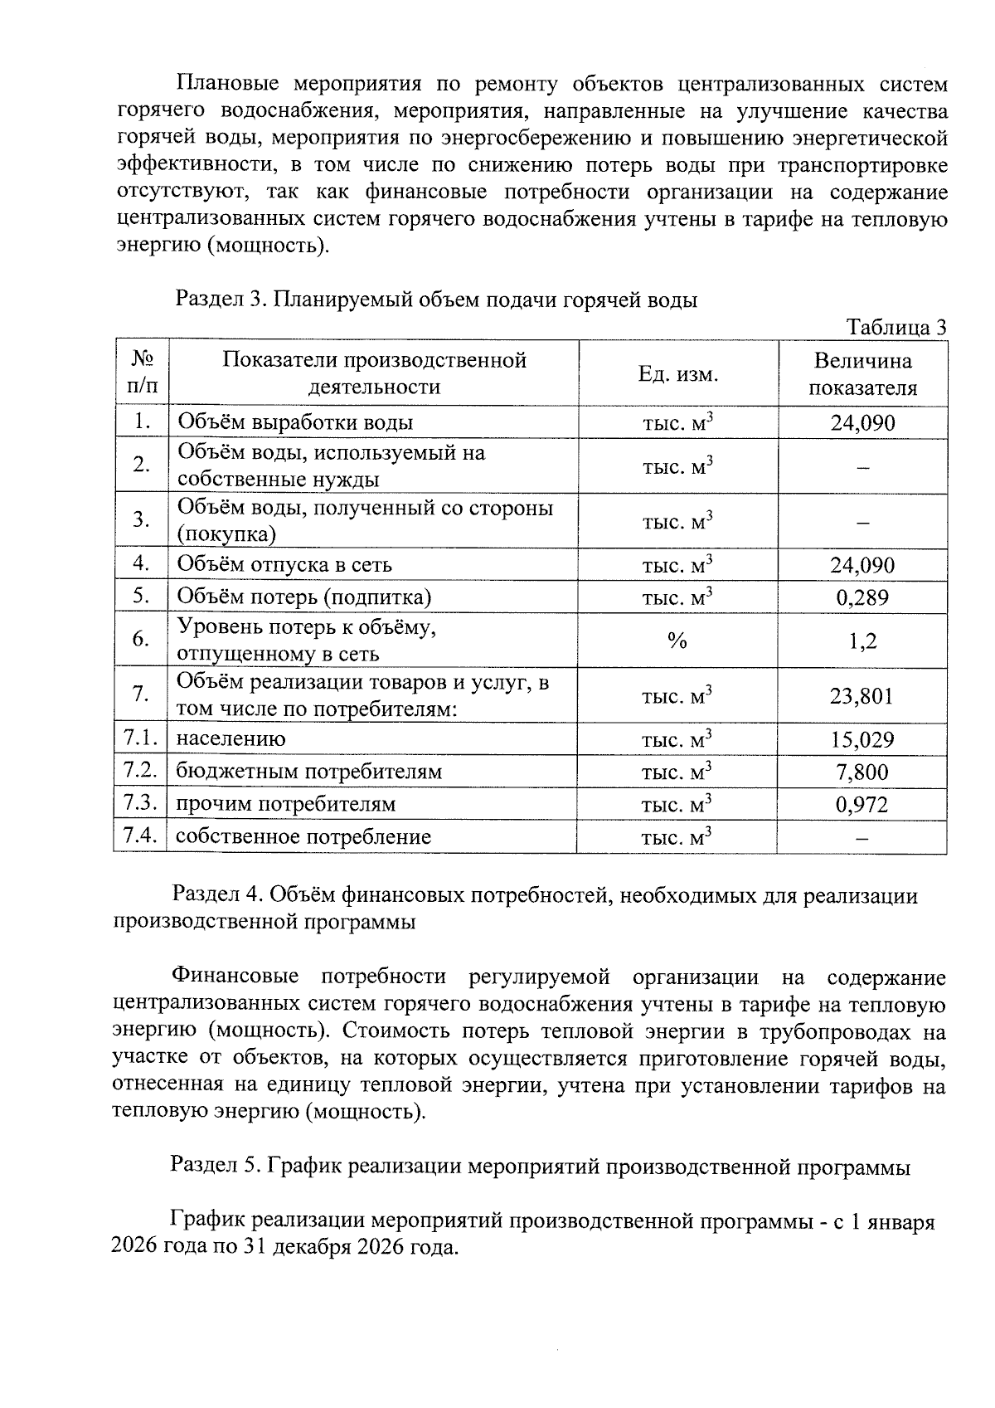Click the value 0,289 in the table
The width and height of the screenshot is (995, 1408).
coord(862,597)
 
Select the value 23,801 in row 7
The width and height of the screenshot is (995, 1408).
coord(862,695)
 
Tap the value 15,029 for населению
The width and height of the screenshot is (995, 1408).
coord(862,739)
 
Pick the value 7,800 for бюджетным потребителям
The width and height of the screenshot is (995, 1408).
coord(862,772)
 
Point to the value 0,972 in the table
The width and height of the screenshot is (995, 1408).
coord(862,804)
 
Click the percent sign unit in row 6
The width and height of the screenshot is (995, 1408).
coord(677,641)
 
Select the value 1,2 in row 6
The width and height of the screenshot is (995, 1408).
coord(862,641)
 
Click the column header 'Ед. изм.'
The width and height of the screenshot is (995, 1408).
coord(677,374)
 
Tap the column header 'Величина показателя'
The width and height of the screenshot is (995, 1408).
coord(862,374)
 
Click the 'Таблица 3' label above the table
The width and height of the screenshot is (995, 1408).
coord(896,328)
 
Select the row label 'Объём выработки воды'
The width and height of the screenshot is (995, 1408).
coord(295,422)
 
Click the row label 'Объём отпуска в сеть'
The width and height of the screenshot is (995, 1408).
coord(284,565)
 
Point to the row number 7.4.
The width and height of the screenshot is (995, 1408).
coord(140,836)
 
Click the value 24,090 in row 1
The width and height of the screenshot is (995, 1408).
coord(862,423)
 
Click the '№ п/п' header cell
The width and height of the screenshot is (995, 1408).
coord(142,373)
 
